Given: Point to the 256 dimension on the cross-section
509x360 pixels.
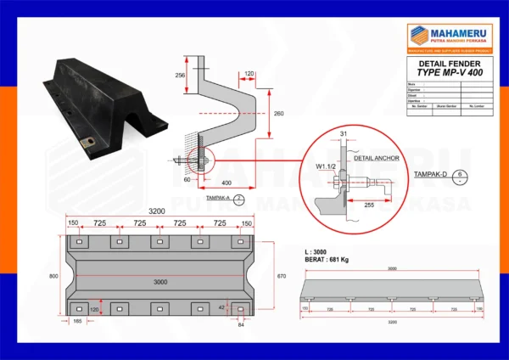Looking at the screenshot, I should click(180, 76).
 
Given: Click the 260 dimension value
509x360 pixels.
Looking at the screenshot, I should click(279, 113).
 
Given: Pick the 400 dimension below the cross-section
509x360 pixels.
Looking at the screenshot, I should click(226, 183).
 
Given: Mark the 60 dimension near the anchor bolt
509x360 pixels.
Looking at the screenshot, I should click(187, 180).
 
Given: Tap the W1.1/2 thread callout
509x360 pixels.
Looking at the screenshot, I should click(326, 167).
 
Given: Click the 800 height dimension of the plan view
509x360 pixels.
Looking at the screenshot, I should click(53, 277).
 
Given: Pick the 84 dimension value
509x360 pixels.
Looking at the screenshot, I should click(240, 323).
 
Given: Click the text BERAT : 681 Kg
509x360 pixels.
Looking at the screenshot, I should click(327, 259).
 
